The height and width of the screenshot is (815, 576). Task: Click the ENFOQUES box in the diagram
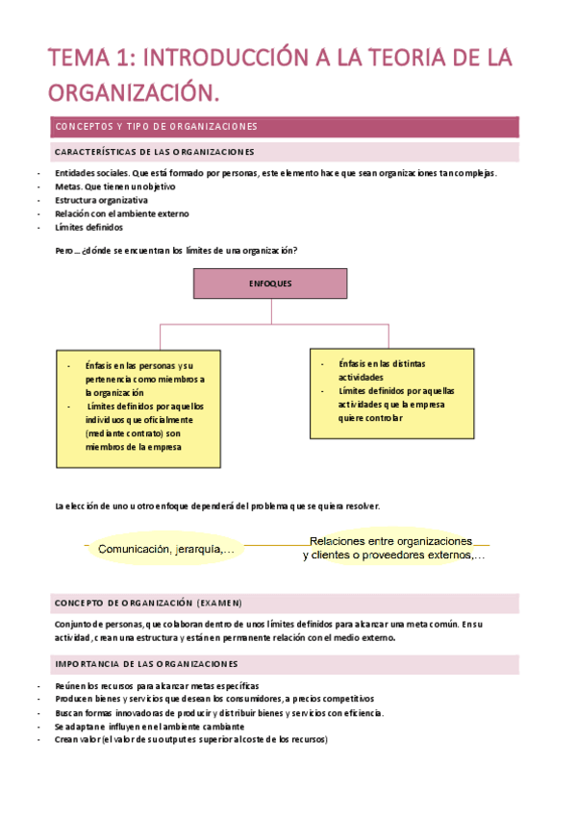click(270, 284)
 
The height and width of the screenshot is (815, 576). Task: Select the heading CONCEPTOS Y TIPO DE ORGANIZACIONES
click(156, 127)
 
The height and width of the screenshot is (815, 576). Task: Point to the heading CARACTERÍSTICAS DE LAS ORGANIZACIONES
click(155, 152)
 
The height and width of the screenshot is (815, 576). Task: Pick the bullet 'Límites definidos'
click(88, 228)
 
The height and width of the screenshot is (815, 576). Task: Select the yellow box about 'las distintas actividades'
click(392, 392)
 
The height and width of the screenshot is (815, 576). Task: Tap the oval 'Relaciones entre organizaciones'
click(392, 548)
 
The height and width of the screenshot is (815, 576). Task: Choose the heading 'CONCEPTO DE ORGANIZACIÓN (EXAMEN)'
click(149, 604)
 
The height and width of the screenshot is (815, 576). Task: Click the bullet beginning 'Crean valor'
click(191, 739)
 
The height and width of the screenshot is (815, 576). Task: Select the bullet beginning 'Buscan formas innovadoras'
click(219, 712)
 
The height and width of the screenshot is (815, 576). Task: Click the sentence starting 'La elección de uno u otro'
click(217, 506)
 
